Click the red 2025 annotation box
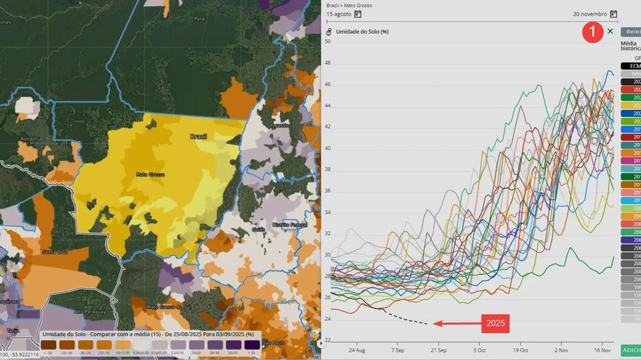pos(495,324)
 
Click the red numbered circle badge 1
pos(593,32)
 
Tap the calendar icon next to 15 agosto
pos(358,14)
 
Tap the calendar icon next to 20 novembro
pos(613,14)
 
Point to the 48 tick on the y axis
pos(328,63)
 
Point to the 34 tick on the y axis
pos(328,212)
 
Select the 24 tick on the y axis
pos(328,319)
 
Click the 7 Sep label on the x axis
pos(397,350)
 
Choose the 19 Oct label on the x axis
pos(521,350)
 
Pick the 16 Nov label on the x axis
pos(602,350)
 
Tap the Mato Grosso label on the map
pos(150,174)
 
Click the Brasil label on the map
pos(198,136)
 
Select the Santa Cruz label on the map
pos(55,252)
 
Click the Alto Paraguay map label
pos(89,312)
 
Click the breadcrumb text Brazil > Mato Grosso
pos(349,6)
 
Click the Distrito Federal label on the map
pos(289,225)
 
